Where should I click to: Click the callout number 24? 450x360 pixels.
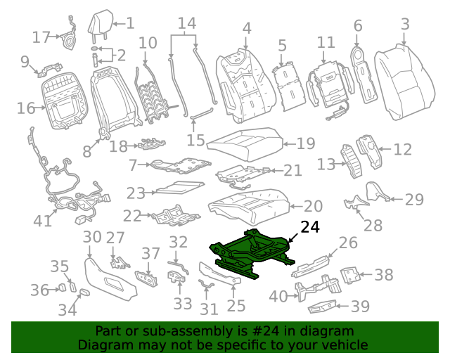310,227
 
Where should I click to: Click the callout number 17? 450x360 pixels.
42,37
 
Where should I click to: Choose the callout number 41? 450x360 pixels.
43,221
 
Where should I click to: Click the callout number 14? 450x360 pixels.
186,24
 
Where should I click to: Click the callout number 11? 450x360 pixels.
326,42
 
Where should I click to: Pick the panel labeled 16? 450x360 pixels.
67,104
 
